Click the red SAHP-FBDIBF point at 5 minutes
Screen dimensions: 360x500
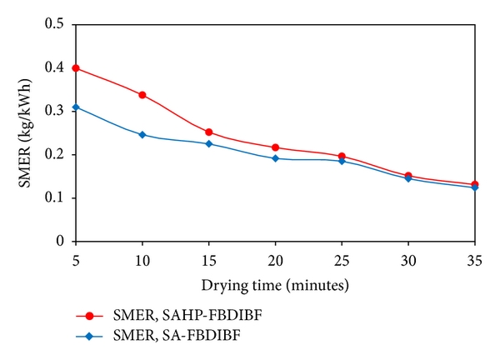point(76,67)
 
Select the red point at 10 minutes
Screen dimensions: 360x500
point(142,95)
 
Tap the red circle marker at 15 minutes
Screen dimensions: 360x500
point(209,132)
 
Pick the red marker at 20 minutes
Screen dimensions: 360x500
point(275,147)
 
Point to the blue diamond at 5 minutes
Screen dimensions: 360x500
point(76,107)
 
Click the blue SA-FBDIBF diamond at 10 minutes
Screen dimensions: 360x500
point(142,134)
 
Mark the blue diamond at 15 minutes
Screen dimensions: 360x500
point(209,143)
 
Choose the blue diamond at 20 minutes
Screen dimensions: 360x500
point(275,158)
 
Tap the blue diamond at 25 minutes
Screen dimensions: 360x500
point(342,161)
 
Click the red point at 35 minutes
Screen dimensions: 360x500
point(474,184)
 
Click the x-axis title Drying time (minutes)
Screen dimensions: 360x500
point(276,285)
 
